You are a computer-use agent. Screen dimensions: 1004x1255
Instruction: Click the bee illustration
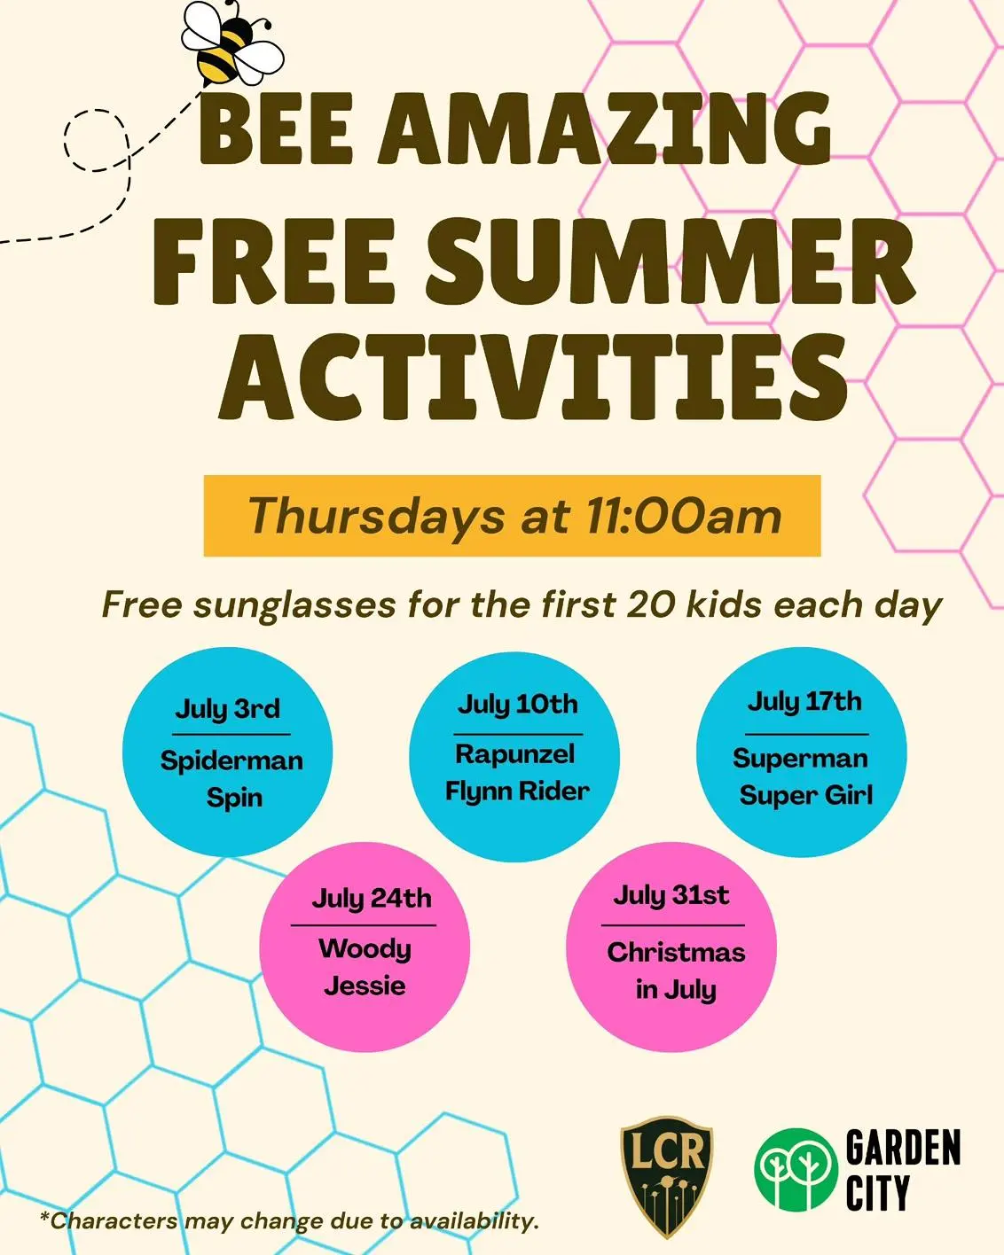232,43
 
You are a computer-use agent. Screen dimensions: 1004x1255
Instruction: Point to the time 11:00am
684,517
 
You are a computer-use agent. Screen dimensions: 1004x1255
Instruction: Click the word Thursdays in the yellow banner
376,517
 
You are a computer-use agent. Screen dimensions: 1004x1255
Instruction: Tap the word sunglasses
294,604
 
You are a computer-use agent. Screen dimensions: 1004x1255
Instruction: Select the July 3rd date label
228,709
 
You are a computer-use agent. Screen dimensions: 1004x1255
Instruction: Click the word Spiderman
231,761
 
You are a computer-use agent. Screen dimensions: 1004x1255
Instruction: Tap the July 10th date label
518,705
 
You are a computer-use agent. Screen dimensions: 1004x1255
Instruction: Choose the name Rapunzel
514,754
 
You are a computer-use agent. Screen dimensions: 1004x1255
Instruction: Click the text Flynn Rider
517,791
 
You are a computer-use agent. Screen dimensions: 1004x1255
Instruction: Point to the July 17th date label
804,702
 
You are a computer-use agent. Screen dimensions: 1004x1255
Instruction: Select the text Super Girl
806,795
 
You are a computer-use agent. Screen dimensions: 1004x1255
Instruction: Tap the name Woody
365,949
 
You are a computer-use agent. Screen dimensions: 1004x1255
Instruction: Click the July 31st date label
671,895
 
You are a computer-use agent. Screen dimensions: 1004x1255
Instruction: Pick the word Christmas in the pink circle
676,953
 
